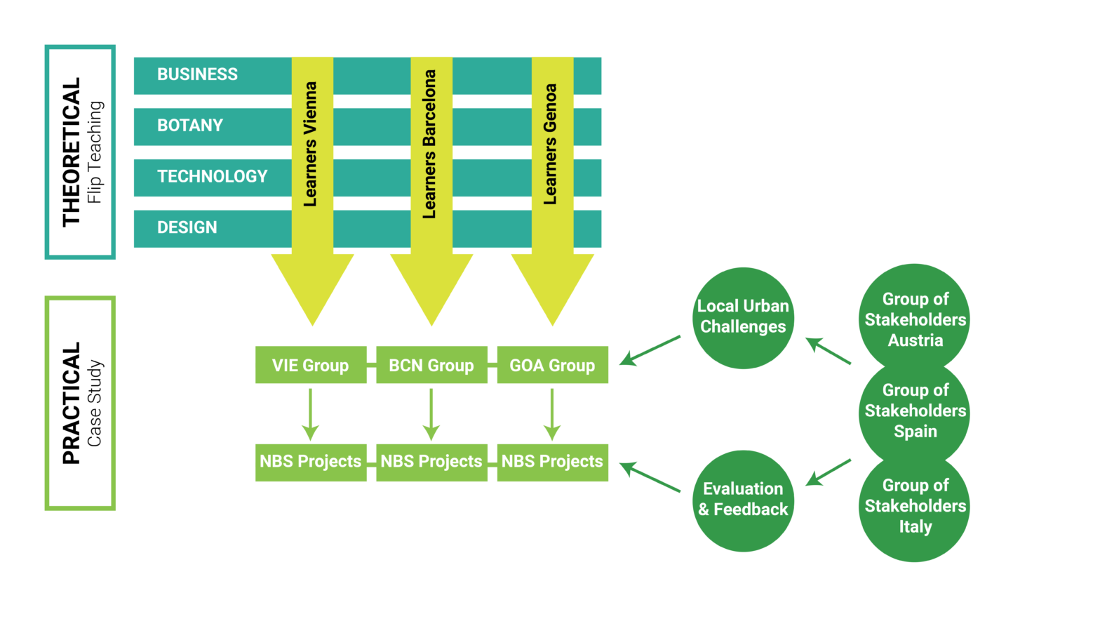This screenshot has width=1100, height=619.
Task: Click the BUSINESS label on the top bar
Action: (197, 74)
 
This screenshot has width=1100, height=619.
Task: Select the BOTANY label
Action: (189, 126)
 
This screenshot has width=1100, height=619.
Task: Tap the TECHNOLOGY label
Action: (212, 176)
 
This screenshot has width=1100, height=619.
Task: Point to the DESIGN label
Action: (187, 227)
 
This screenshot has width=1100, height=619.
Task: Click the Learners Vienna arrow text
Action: (311, 144)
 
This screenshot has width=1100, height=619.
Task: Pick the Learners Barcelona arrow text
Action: (430, 144)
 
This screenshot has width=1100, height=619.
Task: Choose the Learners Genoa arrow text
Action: (551, 144)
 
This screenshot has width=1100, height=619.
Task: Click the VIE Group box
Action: (310, 365)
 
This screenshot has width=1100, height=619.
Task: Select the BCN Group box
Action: (431, 365)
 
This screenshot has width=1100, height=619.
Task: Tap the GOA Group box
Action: (552, 365)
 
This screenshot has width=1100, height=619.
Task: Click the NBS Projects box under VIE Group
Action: (310, 462)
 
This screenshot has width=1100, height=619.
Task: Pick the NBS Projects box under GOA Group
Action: (552, 462)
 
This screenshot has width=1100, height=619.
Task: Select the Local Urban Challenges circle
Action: (743, 317)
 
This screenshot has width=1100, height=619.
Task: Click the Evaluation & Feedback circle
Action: (743, 500)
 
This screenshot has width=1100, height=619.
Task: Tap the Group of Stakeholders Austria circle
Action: (915, 319)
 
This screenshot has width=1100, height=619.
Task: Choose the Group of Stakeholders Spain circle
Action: (915, 411)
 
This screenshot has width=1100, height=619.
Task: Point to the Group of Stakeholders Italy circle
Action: (915, 507)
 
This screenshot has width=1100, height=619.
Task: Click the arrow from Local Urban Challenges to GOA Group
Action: (650, 350)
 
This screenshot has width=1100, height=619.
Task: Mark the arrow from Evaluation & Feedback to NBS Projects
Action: (650, 477)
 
